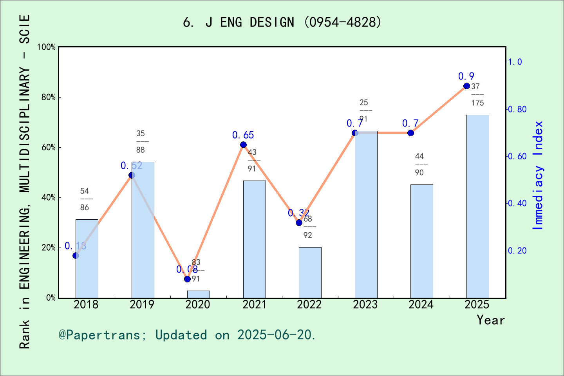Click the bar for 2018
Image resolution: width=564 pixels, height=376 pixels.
click(87, 258)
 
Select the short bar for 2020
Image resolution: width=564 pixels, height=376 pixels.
click(198, 294)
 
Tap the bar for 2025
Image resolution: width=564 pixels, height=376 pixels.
click(477, 206)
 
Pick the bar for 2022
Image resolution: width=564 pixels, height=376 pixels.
click(310, 272)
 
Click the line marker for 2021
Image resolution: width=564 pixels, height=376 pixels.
click(243, 145)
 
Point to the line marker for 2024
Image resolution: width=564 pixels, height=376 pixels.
click(410, 133)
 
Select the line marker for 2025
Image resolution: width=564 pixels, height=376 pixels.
click(466, 86)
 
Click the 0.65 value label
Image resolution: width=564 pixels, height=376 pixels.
click(243, 135)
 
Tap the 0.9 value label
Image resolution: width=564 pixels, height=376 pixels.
click(466, 76)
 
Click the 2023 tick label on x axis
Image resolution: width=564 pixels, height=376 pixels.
click(365, 305)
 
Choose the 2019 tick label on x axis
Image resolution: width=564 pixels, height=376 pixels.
click(142, 305)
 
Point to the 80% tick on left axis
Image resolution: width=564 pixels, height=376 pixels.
click(49, 98)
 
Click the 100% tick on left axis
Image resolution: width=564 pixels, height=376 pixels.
click(47, 47)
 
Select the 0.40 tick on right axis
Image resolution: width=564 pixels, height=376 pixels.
click(517, 203)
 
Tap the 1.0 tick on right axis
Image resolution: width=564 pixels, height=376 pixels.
click(515, 62)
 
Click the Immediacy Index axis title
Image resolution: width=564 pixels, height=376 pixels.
click(539, 175)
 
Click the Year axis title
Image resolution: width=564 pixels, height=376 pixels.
click(490, 320)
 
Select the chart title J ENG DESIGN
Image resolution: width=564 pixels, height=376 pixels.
click(282, 22)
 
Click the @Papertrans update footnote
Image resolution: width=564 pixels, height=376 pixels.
click(187, 335)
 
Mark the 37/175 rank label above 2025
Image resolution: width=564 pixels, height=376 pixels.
click(477, 94)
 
